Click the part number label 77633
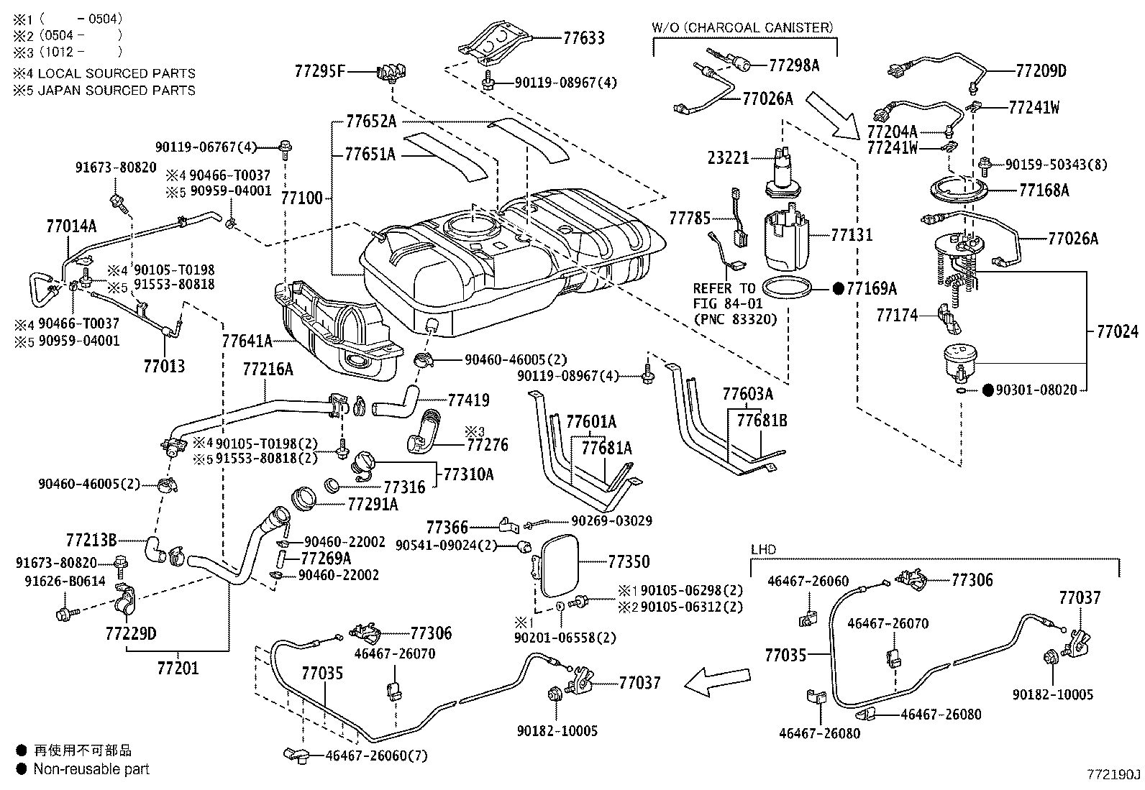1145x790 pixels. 584,38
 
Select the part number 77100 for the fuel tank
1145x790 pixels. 302,198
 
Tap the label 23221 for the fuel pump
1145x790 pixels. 728,157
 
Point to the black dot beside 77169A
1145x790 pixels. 839,289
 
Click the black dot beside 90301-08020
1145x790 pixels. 987,390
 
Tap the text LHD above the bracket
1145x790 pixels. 763,549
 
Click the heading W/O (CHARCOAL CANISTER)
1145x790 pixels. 743,27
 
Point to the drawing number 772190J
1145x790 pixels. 1113,775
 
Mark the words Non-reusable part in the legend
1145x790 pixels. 91,769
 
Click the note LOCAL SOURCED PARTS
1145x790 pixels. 117,73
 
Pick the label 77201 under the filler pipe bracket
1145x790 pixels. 178,668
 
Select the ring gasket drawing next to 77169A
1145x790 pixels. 787,288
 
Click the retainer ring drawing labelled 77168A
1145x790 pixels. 959,190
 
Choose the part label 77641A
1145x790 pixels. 247,341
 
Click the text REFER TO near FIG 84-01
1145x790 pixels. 724,289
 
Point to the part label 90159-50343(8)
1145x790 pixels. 1056,165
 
